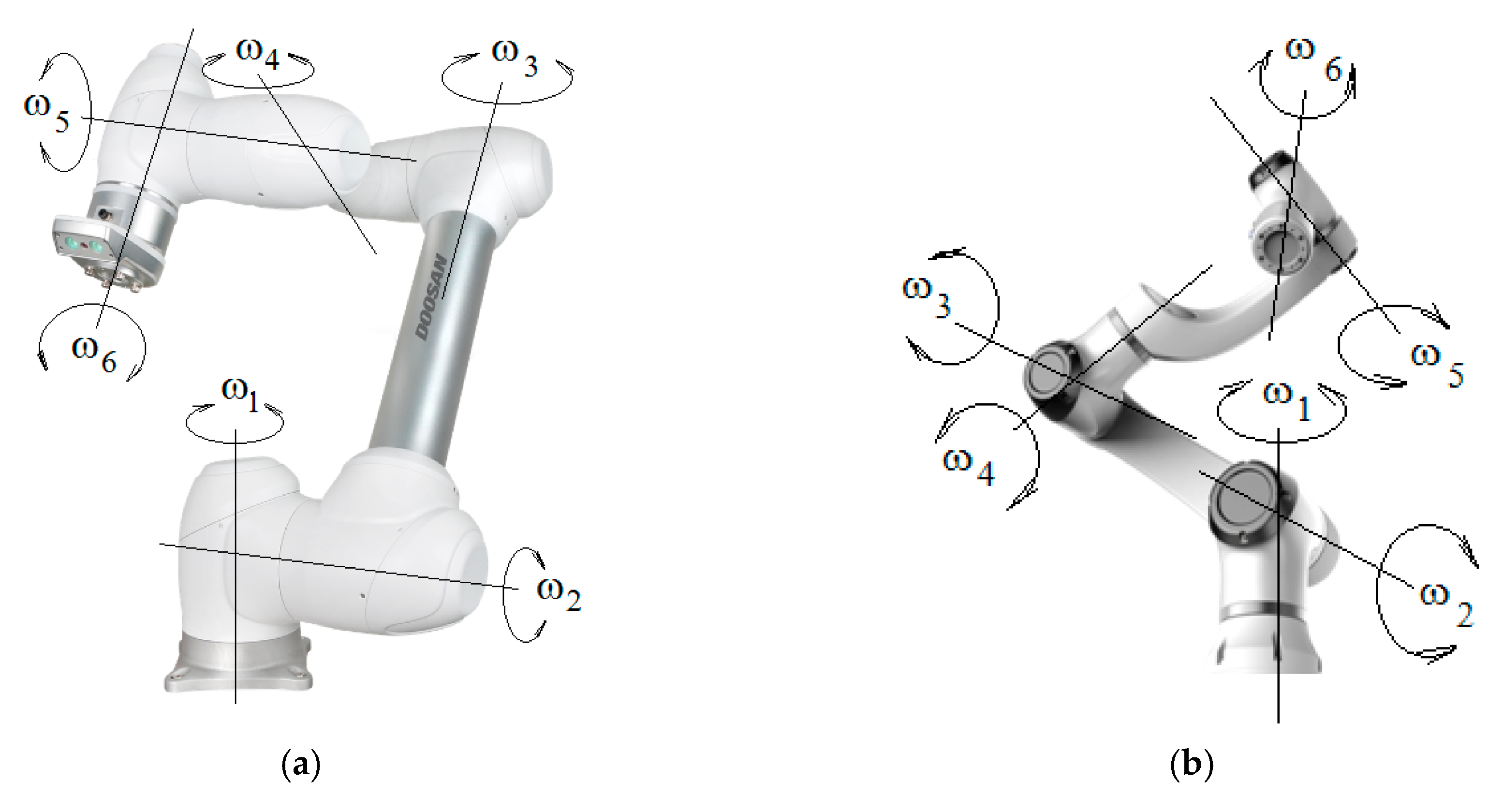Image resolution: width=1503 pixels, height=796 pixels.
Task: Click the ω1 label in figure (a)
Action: [x=240, y=396]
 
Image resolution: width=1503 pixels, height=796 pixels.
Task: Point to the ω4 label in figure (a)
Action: [x=257, y=54]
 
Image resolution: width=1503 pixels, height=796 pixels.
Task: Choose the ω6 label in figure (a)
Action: [x=94, y=354]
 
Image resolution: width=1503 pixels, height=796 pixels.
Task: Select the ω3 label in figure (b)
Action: [x=927, y=296]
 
